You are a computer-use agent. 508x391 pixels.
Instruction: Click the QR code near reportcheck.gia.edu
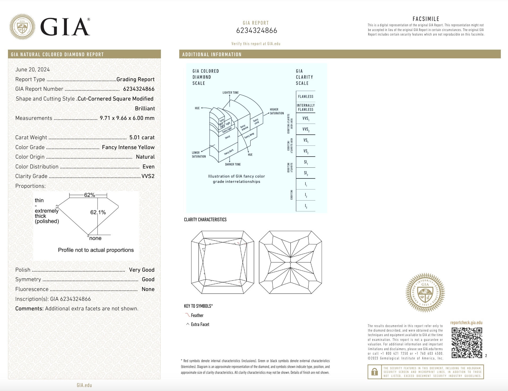coord(467,343)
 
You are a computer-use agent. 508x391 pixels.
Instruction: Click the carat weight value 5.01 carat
coord(142,137)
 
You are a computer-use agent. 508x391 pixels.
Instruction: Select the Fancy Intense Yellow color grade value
coord(128,147)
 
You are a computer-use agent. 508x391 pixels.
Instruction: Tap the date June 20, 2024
coord(32,69)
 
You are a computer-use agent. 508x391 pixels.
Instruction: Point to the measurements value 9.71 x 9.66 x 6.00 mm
coord(127,118)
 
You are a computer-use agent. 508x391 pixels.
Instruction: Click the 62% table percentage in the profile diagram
coord(89,195)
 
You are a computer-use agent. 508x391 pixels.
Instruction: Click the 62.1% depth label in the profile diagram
coord(98,212)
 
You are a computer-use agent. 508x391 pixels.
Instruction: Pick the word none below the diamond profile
coord(95,238)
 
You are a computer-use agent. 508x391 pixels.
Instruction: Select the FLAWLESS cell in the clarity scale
coord(305,97)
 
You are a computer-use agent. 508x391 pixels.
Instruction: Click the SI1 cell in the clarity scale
coord(306,162)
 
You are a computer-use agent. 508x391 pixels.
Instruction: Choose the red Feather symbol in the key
coord(188,315)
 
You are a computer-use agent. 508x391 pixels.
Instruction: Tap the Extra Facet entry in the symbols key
coord(200,324)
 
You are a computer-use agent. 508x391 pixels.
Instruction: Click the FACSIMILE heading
coord(426,19)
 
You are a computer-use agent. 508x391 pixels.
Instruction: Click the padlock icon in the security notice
coord(374,372)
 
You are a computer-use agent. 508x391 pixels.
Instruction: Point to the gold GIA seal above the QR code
coord(425,292)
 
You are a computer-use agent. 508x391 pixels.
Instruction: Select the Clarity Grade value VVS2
coord(148,176)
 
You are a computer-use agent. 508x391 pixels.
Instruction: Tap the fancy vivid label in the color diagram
coord(256,121)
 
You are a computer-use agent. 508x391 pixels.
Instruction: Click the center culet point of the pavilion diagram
coord(291,262)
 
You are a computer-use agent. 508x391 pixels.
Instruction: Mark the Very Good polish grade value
coord(142,270)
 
